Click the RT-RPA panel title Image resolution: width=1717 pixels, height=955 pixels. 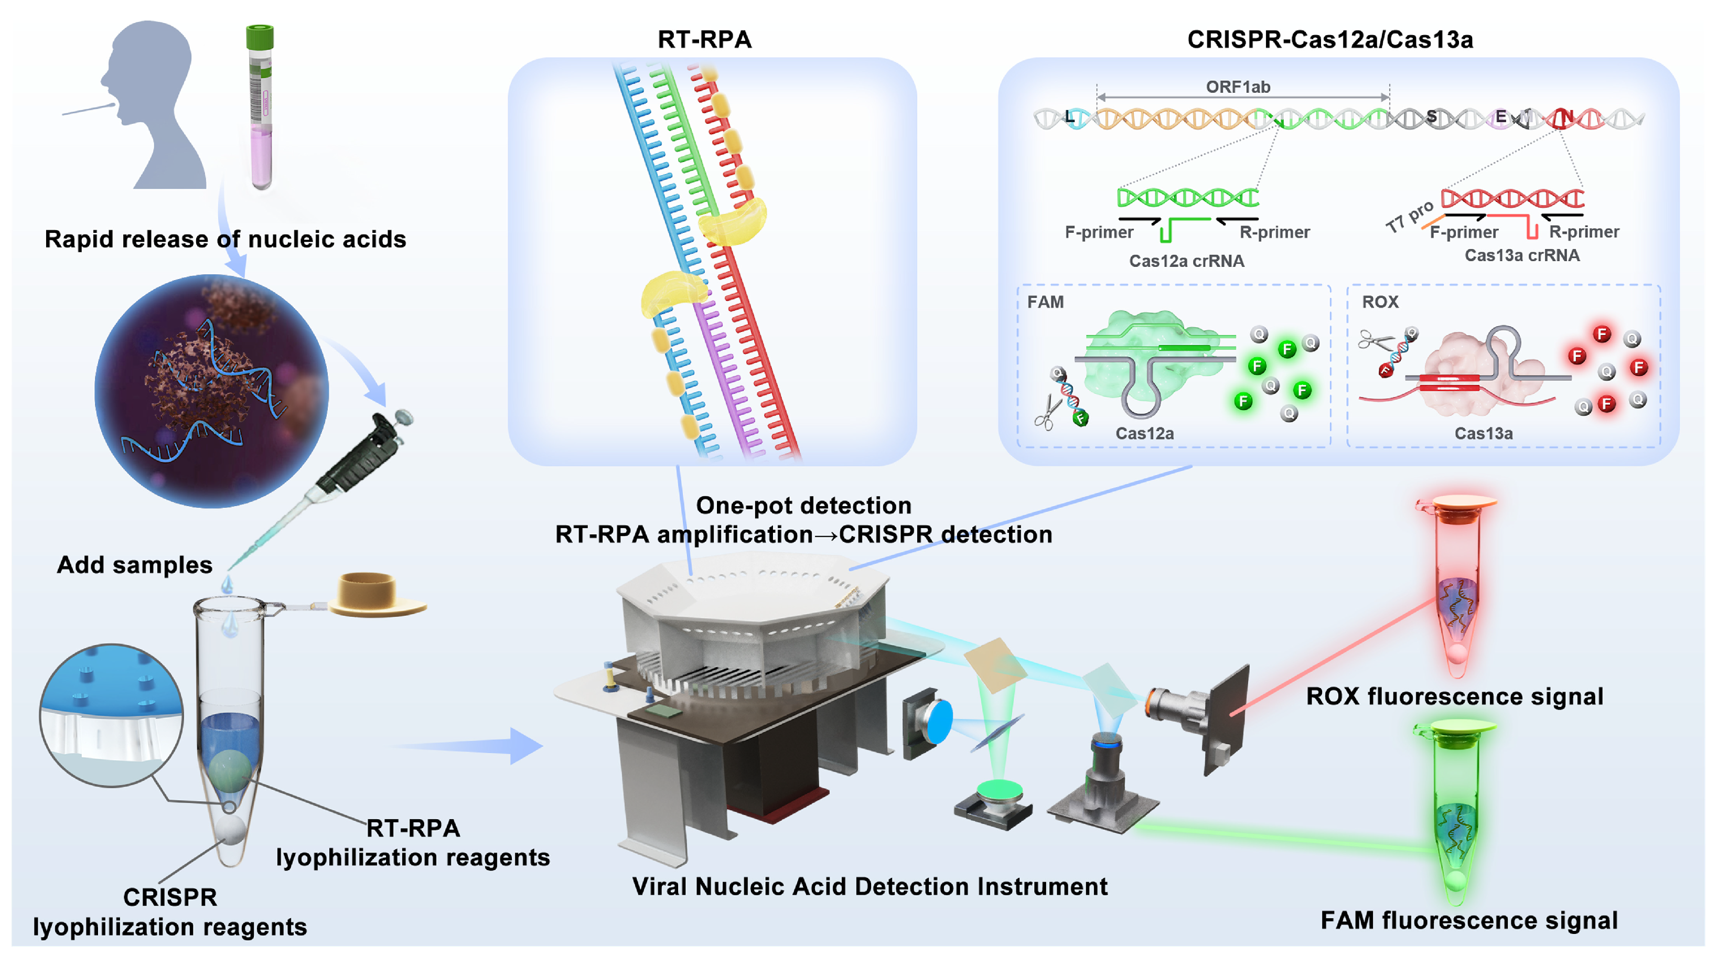point(704,39)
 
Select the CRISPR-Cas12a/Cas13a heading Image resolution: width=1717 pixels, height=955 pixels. point(1330,39)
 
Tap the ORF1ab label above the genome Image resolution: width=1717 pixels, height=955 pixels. point(1238,87)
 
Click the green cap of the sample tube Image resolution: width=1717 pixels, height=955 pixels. point(259,37)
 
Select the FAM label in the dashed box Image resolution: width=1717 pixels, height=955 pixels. point(1045,302)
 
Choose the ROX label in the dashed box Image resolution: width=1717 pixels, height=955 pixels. point(1380,302)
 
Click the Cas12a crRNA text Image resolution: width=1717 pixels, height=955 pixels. point(1186,261)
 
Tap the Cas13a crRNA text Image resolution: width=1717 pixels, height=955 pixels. point(1522,255)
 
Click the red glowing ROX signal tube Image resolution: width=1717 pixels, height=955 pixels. point(1456,586)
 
